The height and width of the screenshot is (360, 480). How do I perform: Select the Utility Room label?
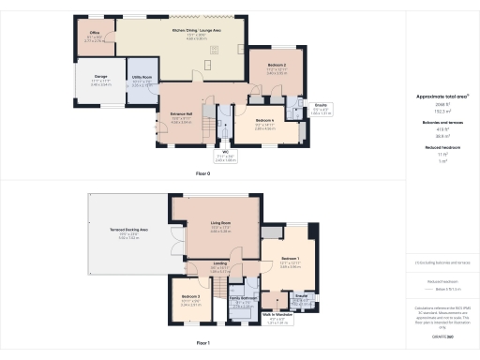tap(142, 82)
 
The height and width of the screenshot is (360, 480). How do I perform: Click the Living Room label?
tap(220, 223)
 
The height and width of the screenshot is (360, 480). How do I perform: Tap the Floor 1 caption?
tap(202, 344)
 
